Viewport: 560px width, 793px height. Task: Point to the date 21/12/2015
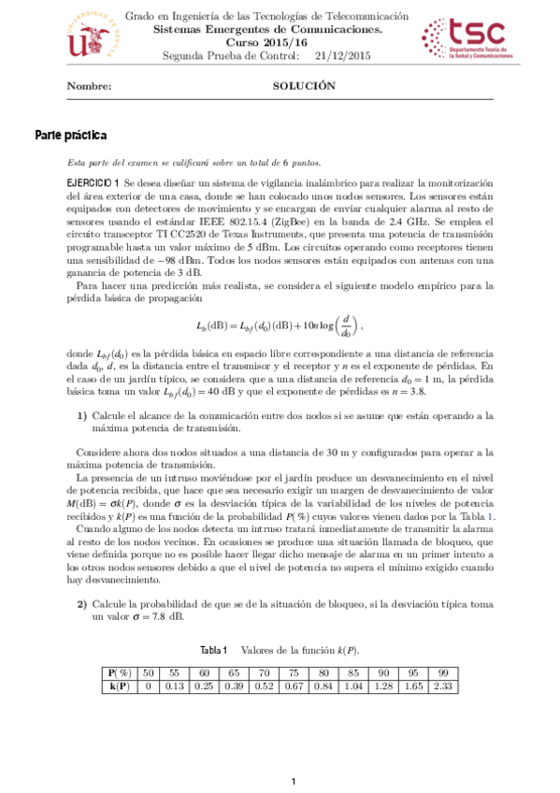point(343,56)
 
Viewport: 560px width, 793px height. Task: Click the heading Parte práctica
point(71,136)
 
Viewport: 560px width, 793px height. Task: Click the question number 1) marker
point(82,415)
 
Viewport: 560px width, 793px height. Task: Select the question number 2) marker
point(82,603)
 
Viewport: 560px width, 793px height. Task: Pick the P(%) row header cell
point(119,673)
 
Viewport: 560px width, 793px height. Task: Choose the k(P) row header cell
point(119,687)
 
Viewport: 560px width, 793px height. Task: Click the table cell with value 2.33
point(442,687)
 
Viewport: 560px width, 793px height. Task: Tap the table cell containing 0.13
point(173,687)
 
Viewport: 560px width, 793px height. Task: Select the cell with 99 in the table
point(442,673)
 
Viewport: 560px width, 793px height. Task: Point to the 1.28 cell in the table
point(383,687)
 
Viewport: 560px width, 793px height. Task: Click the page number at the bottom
point(293,781)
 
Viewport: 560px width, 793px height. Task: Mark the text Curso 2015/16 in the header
point(280,43)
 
